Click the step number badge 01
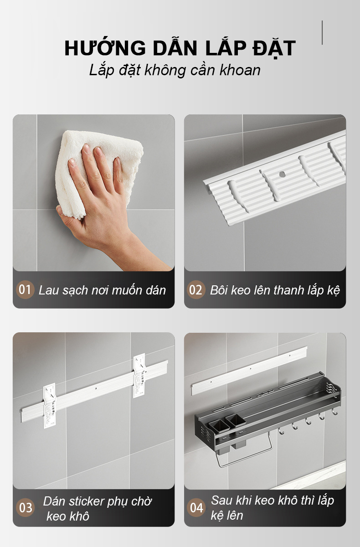[25, 289]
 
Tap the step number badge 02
[196, 289]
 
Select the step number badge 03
[25, 507]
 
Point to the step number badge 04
[196, 507]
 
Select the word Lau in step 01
[48, 290]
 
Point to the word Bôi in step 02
[219, 290]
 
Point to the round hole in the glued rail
[282, 174]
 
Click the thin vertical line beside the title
[322, 32]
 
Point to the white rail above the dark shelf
[249, 371]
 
